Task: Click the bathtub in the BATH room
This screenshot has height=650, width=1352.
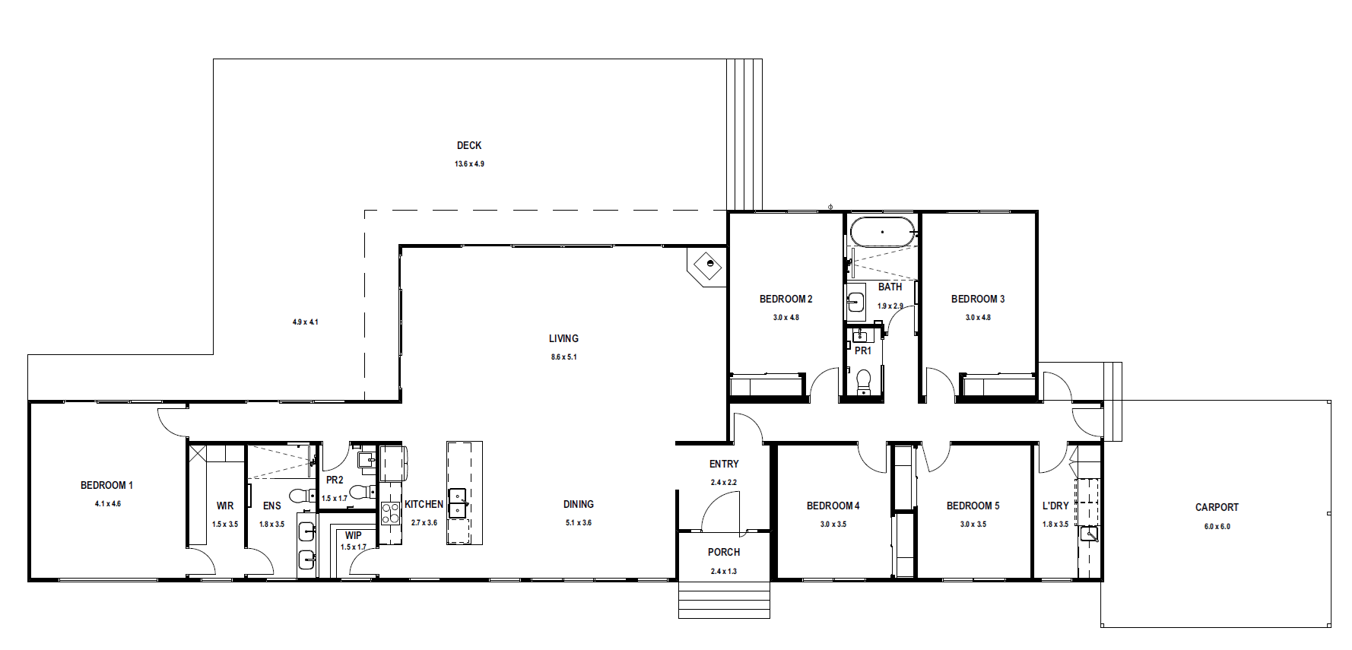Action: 883,231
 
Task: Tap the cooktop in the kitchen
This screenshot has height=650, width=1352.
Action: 390,513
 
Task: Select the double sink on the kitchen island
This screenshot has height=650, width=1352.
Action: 458,503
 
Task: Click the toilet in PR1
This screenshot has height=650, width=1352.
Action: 863,382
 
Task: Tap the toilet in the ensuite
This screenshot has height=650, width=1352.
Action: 303,496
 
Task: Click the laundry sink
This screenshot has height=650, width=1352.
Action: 1089,534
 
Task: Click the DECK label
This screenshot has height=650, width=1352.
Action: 469,145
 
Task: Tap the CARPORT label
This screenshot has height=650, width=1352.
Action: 1217,507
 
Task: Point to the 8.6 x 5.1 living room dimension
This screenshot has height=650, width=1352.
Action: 563,357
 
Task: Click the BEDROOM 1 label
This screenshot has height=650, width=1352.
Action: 106,485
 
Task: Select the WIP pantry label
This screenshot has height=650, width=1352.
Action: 353,535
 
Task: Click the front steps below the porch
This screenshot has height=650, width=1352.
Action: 724,600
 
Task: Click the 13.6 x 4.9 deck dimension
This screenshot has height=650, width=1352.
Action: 469,163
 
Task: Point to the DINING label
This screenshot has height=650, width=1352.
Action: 579,504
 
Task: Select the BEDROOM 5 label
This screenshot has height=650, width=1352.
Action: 973,506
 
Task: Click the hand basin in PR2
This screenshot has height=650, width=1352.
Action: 366,458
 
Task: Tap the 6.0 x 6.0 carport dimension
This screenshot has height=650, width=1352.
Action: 1217,526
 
